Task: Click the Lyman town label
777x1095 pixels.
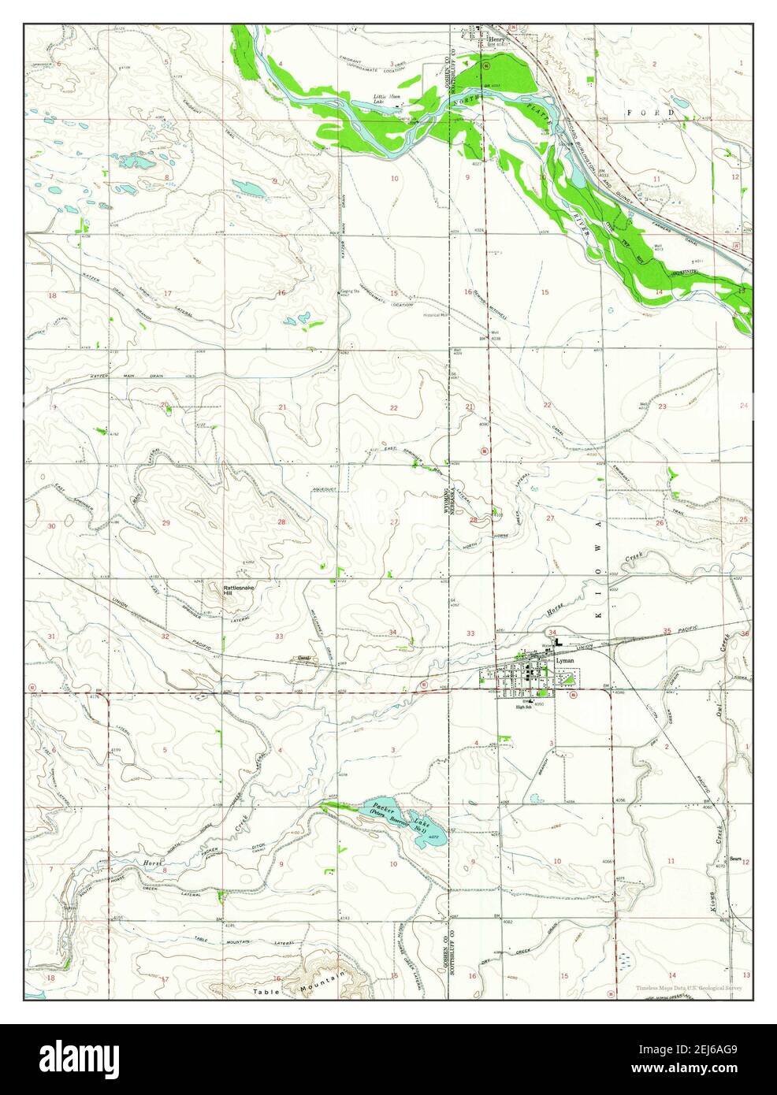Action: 563,661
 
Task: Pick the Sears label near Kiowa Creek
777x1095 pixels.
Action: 736,859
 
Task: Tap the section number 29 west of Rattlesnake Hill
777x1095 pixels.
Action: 165,523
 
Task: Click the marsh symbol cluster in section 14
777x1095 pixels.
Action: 626,961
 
